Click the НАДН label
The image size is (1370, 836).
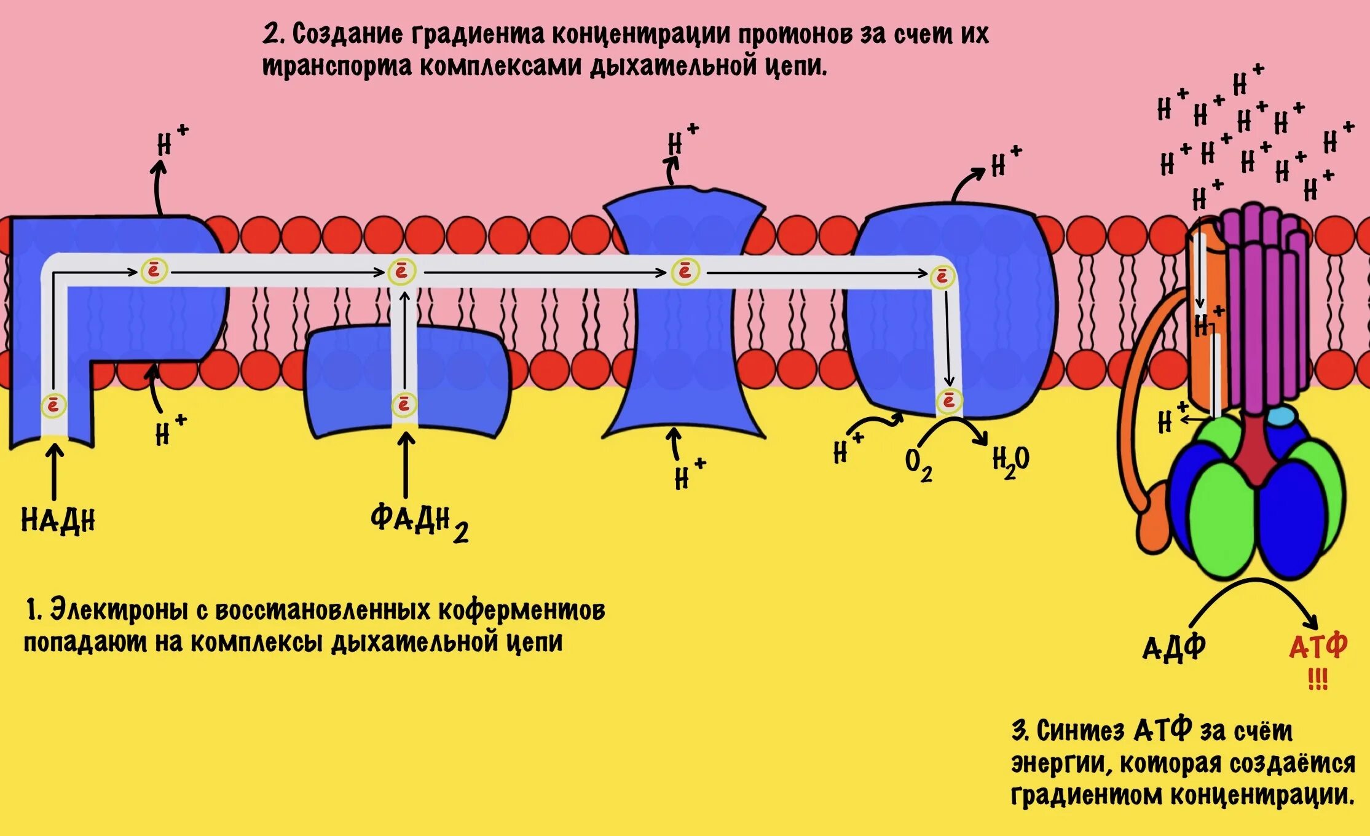coord(58,520)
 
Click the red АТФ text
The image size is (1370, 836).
coord(1318,646)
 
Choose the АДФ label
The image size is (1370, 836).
coord(1173,647)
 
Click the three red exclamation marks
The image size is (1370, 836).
coord(1317,679)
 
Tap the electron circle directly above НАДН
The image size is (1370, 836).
coord(53,406)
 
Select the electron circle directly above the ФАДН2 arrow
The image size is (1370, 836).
coord(404,404)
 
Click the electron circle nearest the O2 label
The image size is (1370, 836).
coord(948,401)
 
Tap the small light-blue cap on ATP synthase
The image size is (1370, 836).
coord(1280,416)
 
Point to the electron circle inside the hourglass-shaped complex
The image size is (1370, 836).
coord(684,272)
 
